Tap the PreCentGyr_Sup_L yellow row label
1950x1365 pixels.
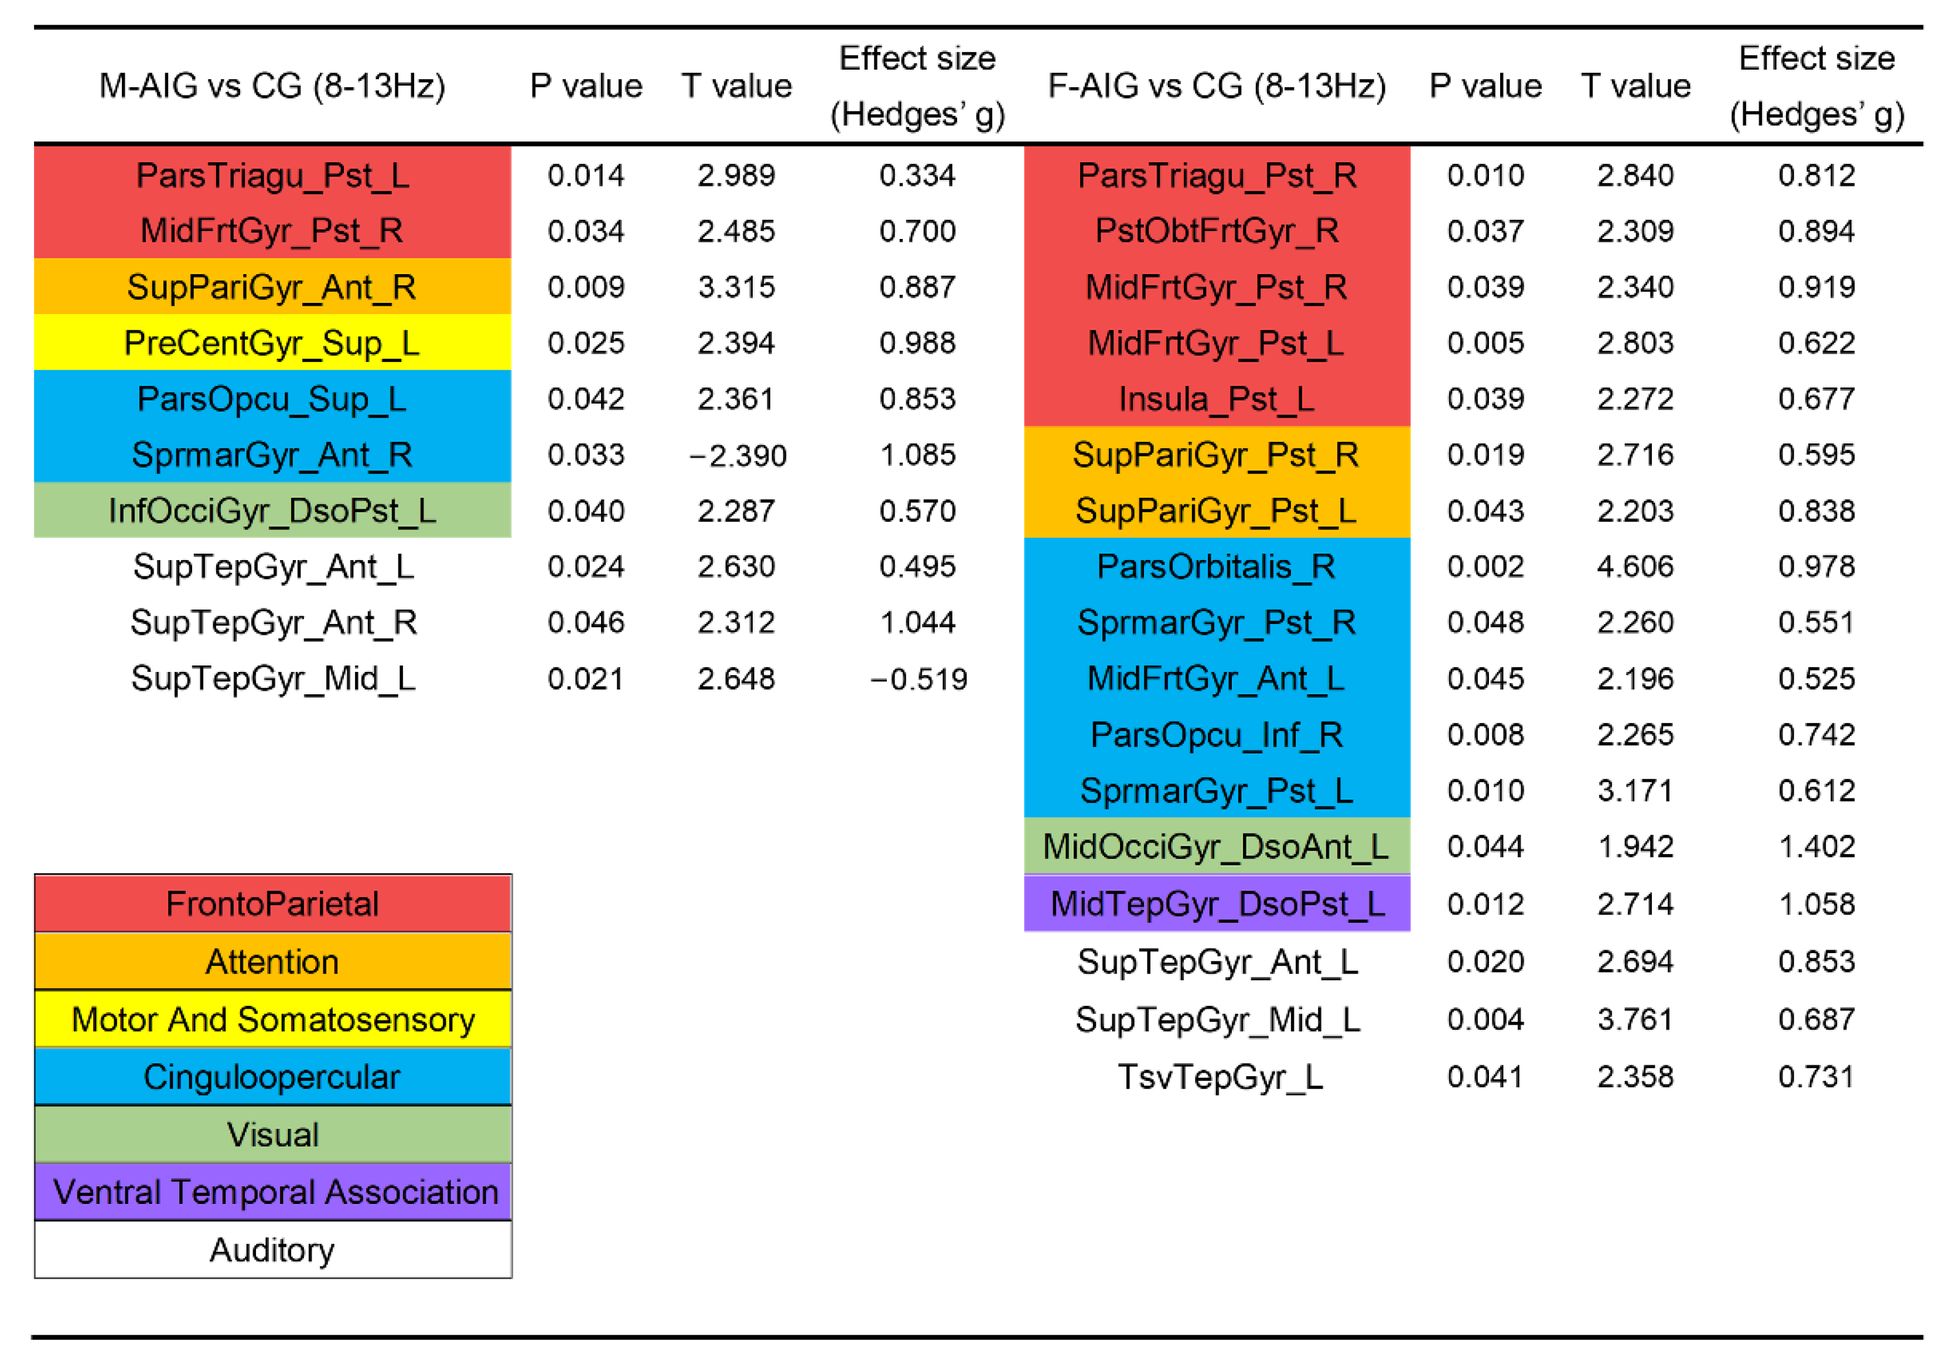coord(272,343)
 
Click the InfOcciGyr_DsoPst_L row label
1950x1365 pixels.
coord(272,510)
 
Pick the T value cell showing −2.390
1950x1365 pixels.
coord(736,455)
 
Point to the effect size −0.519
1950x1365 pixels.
coord(917,678)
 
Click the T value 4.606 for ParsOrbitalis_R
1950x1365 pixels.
coord(1635,567)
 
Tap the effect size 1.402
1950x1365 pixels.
coord(1816,846)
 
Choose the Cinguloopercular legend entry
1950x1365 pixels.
coord(272,1077)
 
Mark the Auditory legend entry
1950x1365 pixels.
coord(272,1250)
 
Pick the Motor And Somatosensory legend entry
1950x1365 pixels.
coord(272,1019)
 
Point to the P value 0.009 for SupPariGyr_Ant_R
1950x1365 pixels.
coord(585,287)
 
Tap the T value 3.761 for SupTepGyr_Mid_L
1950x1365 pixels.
coord(1635,1019)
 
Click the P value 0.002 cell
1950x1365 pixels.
coord(1485,567)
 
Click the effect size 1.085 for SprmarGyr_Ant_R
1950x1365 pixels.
coord(917,455)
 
